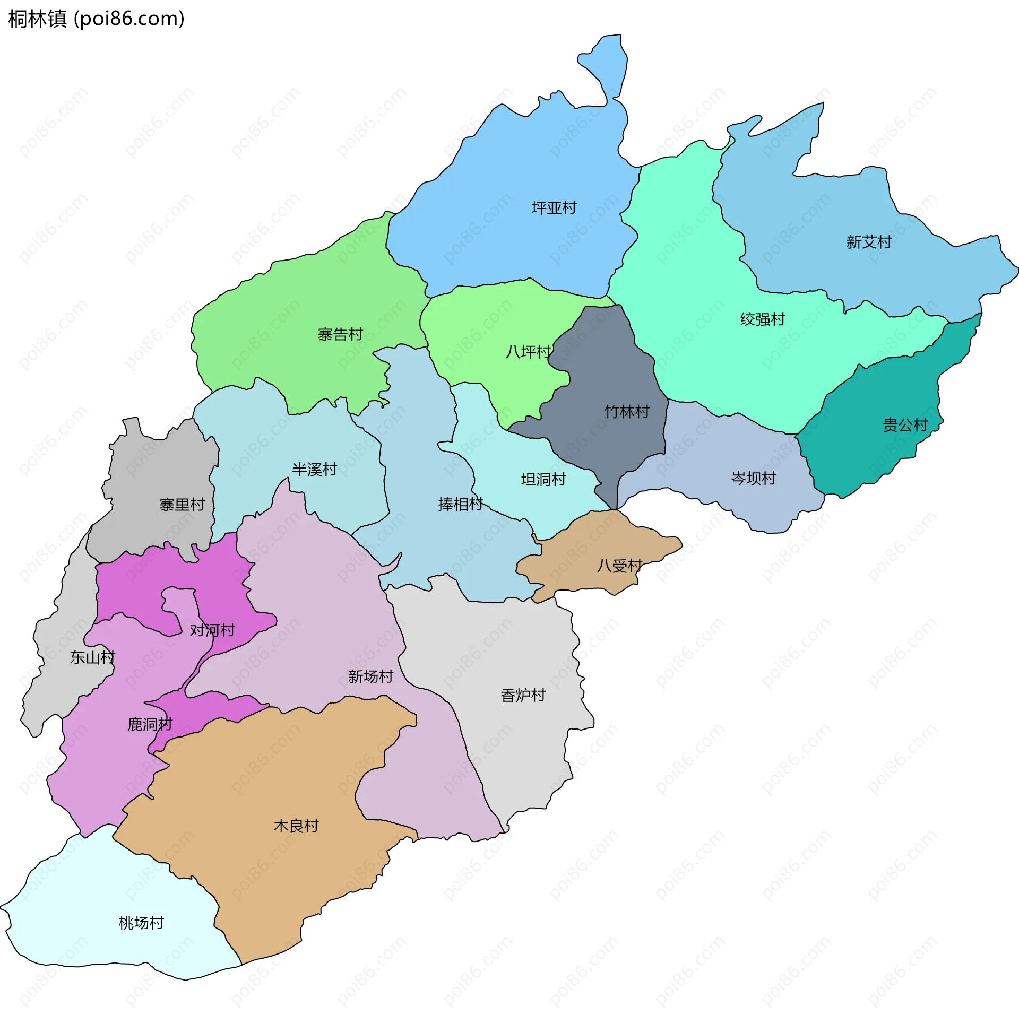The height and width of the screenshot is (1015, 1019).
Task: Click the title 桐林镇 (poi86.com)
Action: tap(96, 19)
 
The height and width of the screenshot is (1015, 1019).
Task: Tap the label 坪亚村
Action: tap(554, 207)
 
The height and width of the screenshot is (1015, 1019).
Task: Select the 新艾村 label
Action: tap(868, 242)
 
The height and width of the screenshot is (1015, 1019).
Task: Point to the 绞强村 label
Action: tap(762, 319)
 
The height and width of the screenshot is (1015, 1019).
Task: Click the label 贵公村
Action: tap(905, 424)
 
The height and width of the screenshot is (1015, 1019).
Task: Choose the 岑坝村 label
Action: tap(753, 478)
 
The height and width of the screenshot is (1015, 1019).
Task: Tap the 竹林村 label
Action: tap(627, 411)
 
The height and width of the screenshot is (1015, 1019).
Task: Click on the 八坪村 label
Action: tap(528, 351)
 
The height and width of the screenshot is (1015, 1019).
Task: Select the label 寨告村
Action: tap(340, 334)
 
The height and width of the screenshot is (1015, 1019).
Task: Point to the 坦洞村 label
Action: tap(543, 479)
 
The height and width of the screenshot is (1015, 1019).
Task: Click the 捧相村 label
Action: tap(460, 504)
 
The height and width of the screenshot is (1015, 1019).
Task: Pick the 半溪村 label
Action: tap(314, 469)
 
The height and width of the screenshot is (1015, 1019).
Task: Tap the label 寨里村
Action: tap(182, 504)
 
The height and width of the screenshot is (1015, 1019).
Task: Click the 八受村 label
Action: tap(619, 565)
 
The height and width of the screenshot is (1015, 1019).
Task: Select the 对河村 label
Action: tap(212, 630)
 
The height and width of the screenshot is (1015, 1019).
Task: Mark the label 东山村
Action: tap(92, 657)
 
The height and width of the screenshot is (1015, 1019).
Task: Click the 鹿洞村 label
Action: tap(150, 724)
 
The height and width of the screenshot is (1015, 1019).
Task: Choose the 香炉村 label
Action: tap(523, 695)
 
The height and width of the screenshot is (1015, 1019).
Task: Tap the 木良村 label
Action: tap(296, 825)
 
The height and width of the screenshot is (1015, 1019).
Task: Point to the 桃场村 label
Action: tap(141, 922)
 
